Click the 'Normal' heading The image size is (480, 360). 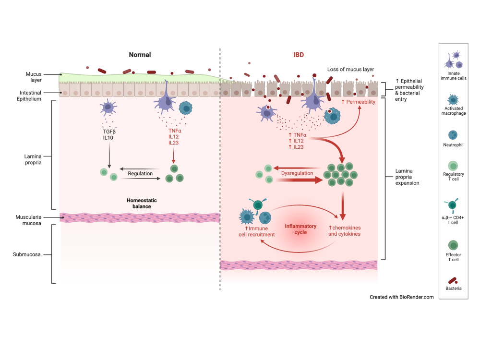140,55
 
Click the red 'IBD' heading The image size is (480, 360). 299,55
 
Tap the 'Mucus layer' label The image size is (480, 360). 34,77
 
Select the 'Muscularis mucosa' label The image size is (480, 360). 28,220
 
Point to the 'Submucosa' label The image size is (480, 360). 26,254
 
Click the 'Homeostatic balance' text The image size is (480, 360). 142,203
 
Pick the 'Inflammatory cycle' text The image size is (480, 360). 300,229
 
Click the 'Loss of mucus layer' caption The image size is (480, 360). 350,70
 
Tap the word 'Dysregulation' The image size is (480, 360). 297,173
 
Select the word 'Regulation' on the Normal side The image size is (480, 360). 140,174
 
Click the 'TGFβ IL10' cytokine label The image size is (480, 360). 108,135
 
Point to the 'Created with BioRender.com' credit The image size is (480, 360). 402,297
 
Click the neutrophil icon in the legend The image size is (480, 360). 453,135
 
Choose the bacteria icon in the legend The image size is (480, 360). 453,281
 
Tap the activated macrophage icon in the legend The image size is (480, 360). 453,100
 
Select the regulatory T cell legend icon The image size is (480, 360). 453,166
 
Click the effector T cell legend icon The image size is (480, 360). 453,245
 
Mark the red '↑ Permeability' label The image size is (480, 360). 358,102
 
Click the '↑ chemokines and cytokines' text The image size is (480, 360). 344,231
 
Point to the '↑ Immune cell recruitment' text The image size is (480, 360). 256,231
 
